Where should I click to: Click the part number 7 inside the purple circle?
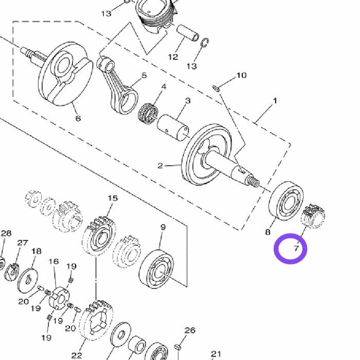click(296, 248)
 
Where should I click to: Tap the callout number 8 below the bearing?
click(268, 232)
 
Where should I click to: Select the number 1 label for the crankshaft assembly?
click(275, 101)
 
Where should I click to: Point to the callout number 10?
click(241, 75)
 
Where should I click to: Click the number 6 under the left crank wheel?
click(78, 118)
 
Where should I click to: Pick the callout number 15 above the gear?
click(113, 198)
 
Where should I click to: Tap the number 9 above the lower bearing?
click(163, 227)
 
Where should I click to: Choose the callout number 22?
click(77, 355)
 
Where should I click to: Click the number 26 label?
click(190, 330)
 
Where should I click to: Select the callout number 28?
click(6, 233)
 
